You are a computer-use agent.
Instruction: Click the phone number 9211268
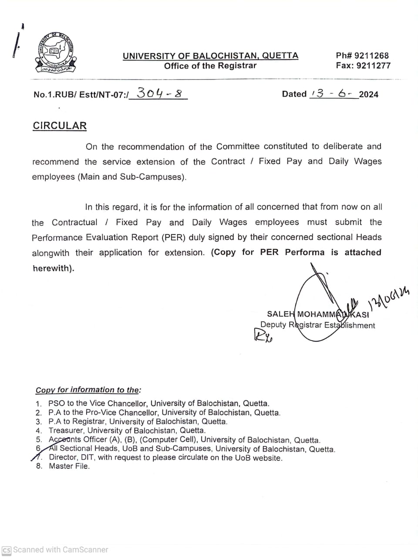click(371, 55)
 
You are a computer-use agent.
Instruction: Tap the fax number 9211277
click(374, 66)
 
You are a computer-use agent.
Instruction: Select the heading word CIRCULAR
click(60, 126)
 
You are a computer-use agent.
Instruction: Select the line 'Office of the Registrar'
click(210, 66)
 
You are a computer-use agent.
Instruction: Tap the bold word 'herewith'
click(53, 268)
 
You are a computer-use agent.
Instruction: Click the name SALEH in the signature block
click(280, 314)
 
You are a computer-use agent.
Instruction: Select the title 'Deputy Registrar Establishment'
click(317, 325)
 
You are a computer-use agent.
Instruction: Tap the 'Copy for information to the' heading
click(88, 390)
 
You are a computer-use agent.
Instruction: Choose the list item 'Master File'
click(69, 466)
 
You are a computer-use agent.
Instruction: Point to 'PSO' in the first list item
click(56, 403)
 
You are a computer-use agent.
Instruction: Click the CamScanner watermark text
click(60, 550)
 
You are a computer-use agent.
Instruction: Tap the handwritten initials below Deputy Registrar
click(262, 335)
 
